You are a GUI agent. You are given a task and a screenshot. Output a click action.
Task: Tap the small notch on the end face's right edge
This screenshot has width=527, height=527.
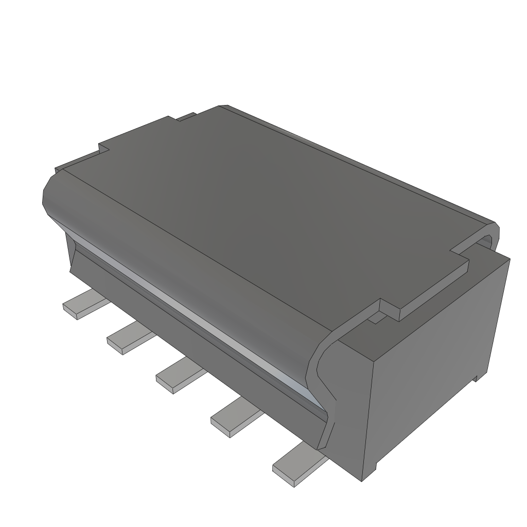pyautogui.click(x=476, y=378)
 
